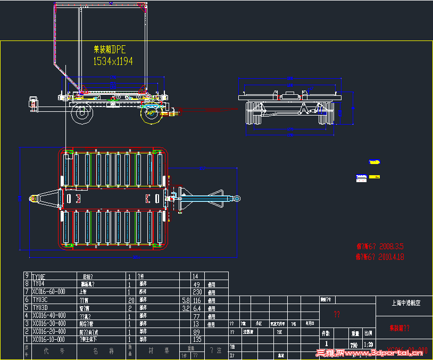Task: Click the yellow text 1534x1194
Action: click(x=113, y=61)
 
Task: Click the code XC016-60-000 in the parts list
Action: click(x=49, y=292)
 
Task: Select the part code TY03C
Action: click(x=40, y=300)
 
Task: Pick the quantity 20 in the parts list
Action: click(x=129, y=300)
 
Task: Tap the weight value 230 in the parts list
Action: click(x=196, y=292)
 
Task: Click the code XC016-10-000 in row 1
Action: click(x=49, y=339)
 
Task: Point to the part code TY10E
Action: click(x=40, y=276)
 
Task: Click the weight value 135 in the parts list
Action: click(x=196, y=339)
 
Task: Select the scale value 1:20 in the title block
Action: click(x=368, y=345)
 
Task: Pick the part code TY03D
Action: click(x=40, y=308)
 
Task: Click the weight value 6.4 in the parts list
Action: click(x=196, y=308)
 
